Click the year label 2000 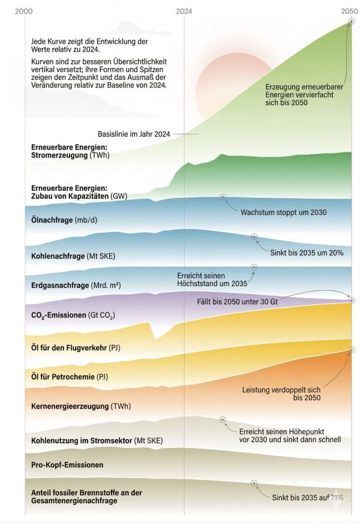click(25, 11)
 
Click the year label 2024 click(184, 11)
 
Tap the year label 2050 click(350, 11)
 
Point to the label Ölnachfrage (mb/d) click(64, 220)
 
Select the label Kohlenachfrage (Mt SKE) click(73, 256)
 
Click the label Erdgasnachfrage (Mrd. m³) click(76, 285)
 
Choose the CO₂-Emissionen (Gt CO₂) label click(73, 315)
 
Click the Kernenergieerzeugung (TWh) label click(80, 406)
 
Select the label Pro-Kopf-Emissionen click(67, 465)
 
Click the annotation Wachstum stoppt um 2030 click(283, 212)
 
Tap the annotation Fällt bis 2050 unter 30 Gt click(238, 301)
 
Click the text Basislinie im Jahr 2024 click(133, 134)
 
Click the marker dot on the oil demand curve click(223, 197)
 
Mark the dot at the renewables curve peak click(351, 21)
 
